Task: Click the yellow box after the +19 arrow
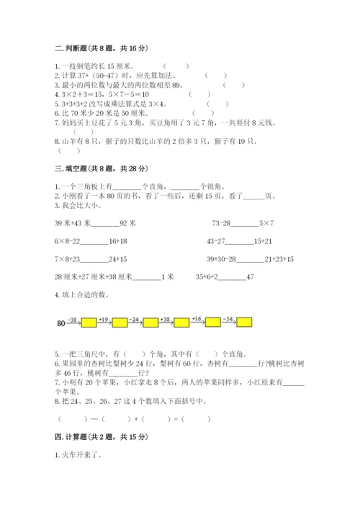click(120, 323)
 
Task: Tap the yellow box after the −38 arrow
click(89, 323)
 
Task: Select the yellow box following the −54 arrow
click(245, 323)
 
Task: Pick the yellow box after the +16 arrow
click(213, 323)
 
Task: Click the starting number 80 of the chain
click(60, 323)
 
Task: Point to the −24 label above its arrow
click(134, 317)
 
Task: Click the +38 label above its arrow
click(166, 317)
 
